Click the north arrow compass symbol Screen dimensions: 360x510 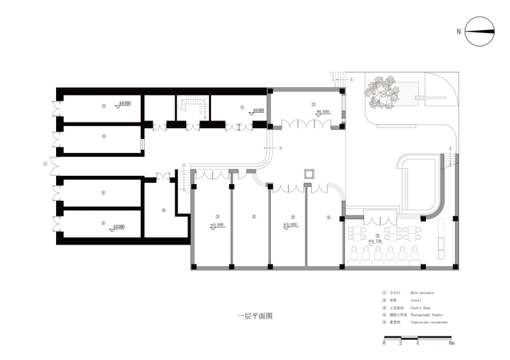click(479, 32)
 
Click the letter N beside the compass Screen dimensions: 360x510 click(458, 31)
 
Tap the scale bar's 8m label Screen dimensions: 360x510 click(451, 343)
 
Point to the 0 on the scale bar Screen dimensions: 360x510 click(384, 343)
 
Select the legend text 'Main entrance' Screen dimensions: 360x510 click(423, 292)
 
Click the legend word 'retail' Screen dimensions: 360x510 click(416, 299)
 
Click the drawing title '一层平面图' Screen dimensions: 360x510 click(254, 315)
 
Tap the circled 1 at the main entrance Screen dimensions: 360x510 click(45, 163)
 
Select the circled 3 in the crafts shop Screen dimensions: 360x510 click(163, 210)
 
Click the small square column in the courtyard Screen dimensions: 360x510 click(310, 173)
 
